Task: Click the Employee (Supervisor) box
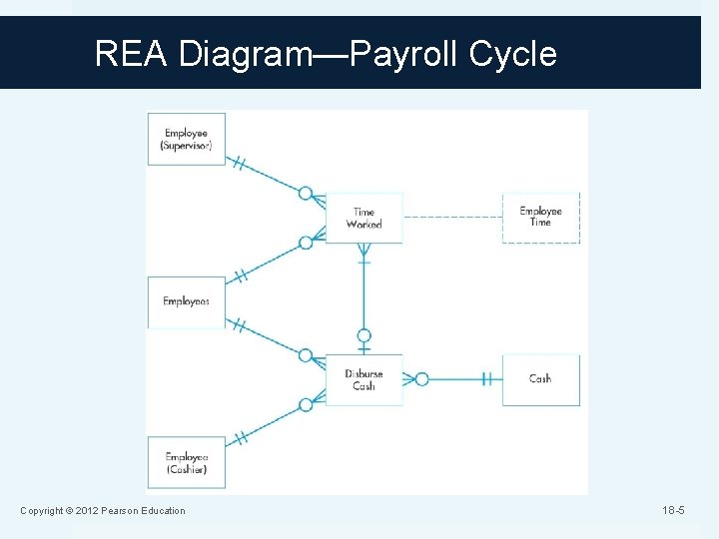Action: (187, 139)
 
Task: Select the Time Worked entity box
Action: (363, 219)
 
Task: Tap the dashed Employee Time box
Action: (540, 218)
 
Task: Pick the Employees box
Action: (187, 301)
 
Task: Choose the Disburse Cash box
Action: (363, 379)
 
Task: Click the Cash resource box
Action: (540, 379)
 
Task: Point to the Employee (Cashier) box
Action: (187, 463)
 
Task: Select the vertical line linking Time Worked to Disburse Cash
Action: (363, 294)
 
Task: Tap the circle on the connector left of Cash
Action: (421, 379)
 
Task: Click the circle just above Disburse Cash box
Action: (363, 336)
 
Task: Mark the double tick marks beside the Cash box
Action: (486, 379)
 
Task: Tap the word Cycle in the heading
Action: (520, 53)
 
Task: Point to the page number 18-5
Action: (673, 511)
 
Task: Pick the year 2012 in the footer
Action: (78, 511)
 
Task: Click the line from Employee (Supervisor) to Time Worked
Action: (265, 174)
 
